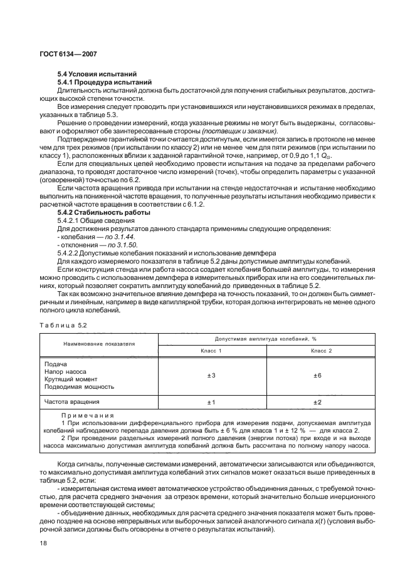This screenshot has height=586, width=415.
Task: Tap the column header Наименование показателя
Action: [x=99, y=344]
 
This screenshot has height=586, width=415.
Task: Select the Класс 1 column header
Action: [x=211, y=351]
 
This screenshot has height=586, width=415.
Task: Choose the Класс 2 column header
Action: [x=322, y=351]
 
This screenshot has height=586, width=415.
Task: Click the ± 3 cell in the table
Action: [x=211, y=375]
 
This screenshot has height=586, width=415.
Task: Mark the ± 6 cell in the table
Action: [x=317, y=375]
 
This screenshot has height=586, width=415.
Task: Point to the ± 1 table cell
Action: [x=211, y=402]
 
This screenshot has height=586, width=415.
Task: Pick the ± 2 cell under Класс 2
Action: [x=317, y=402]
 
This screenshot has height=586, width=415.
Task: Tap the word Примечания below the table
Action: [x=88, y=415]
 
